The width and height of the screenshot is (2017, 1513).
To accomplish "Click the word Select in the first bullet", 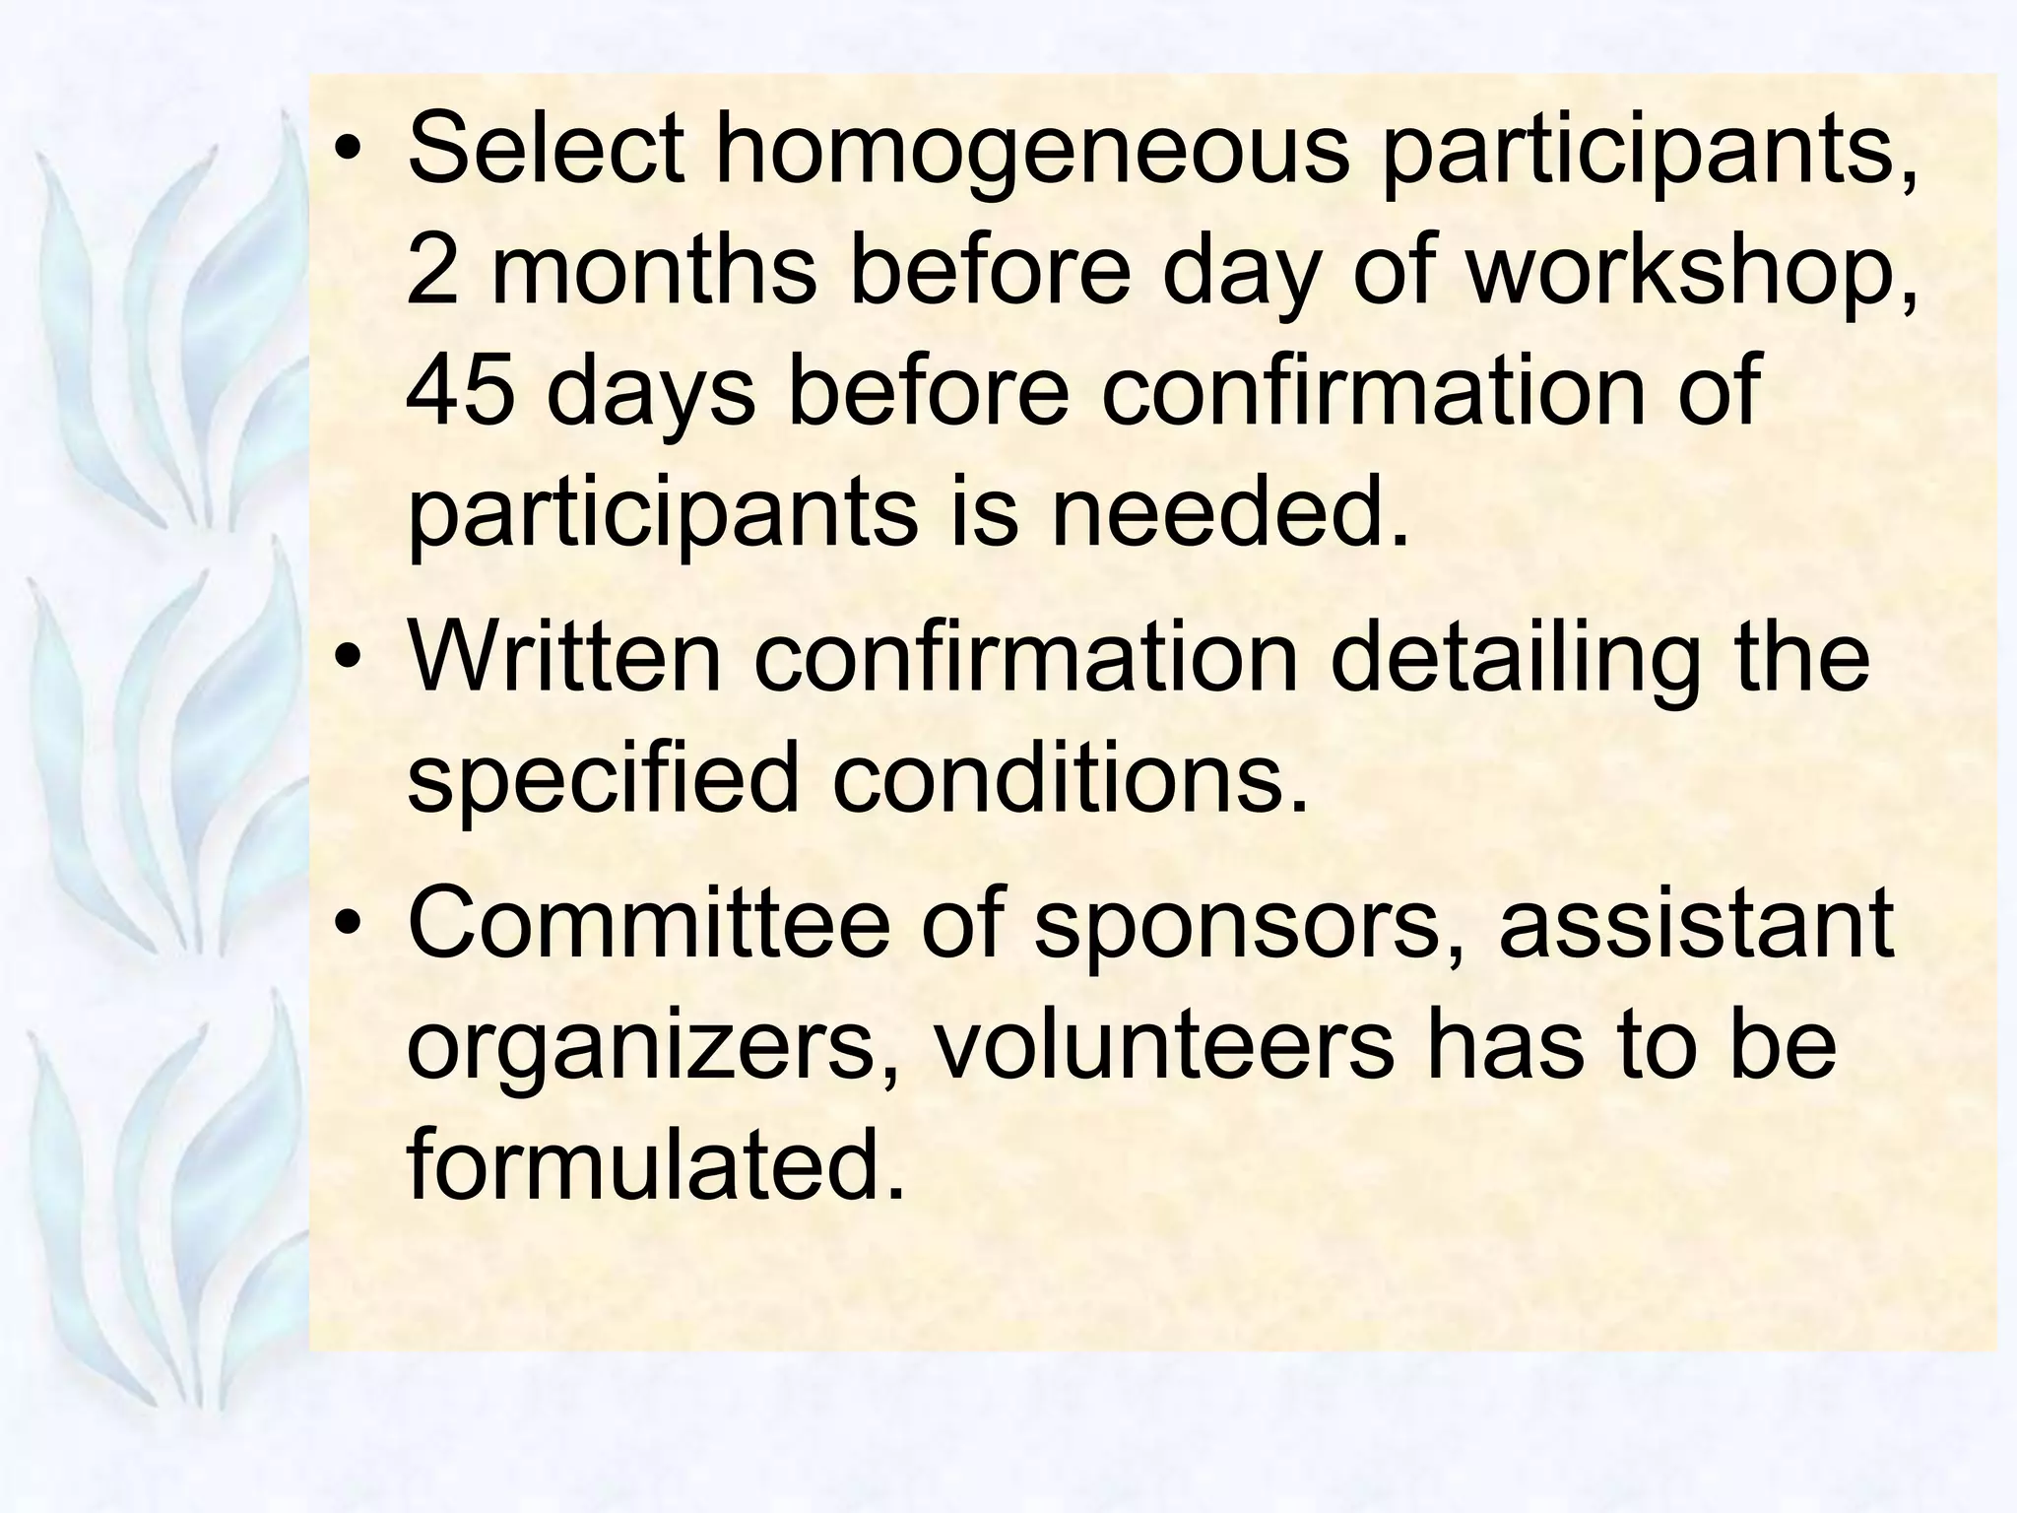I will [545, 150].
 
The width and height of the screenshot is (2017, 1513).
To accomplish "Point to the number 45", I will [460, 391].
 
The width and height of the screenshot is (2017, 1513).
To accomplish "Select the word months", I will [653, 270].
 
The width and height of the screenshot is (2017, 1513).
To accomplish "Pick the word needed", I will [1229, 512].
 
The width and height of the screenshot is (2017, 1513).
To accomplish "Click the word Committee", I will [647, 922].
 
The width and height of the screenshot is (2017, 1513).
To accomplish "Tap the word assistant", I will [1695, 922].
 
